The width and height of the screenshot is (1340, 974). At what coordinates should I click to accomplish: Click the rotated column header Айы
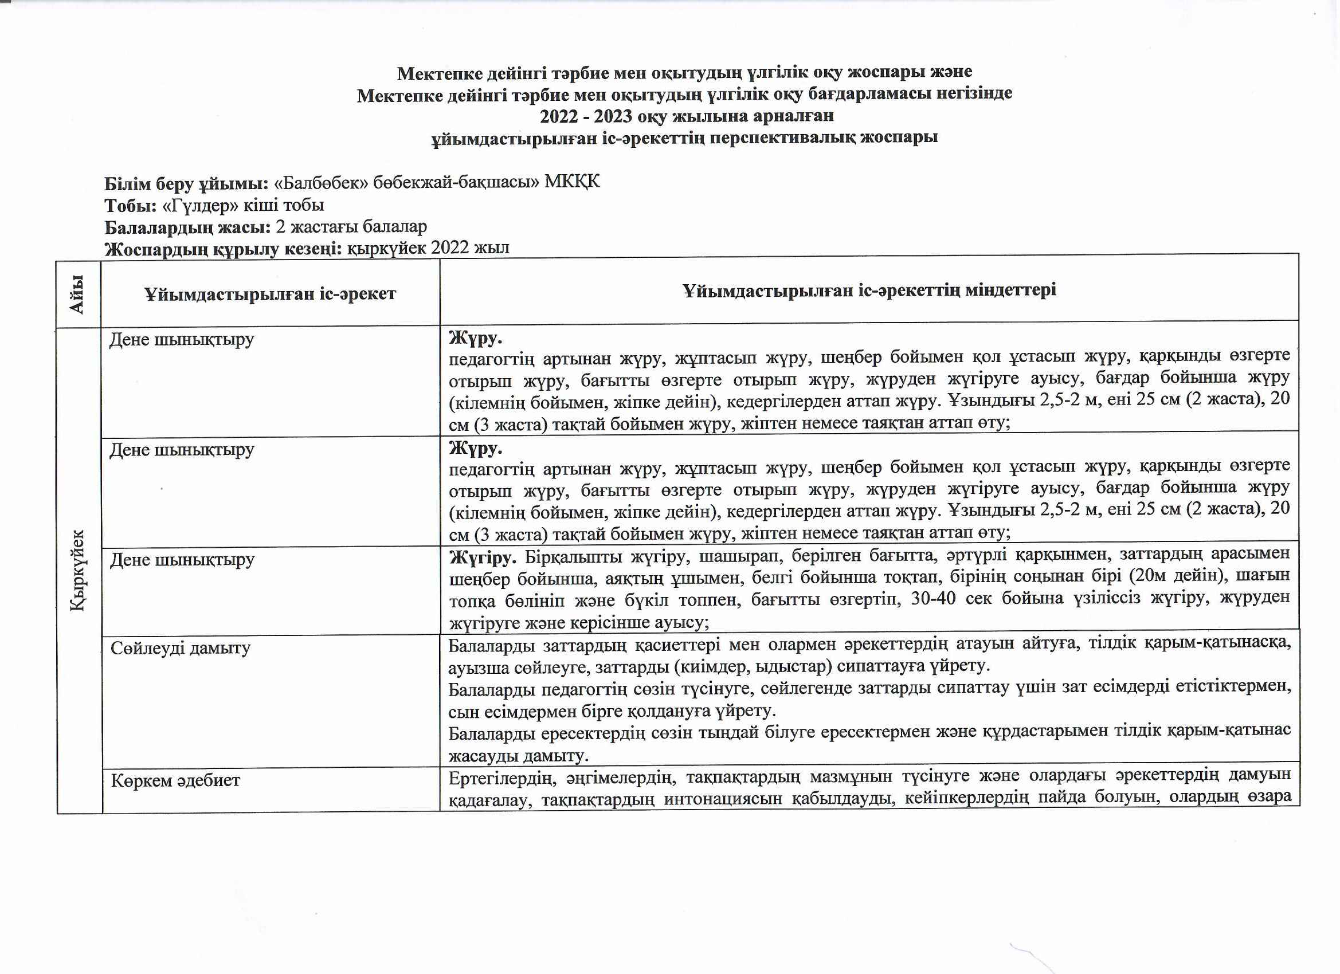tap(77, 294)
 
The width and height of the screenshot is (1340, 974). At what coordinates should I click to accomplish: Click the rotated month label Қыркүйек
tap(78, 571)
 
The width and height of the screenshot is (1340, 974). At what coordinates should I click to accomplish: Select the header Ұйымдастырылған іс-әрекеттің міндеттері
tap(869, 290)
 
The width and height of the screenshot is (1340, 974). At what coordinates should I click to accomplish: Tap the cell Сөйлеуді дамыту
tap(180, 648)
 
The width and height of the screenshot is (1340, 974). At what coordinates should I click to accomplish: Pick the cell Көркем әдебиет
tap(175, 780)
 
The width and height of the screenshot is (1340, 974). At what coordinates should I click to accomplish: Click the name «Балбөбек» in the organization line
tap(321, 183)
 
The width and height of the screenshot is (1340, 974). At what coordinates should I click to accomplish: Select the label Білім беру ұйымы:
tap(187, 184)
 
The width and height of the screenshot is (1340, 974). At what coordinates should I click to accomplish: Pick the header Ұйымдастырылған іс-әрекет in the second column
tap(270, 294)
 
